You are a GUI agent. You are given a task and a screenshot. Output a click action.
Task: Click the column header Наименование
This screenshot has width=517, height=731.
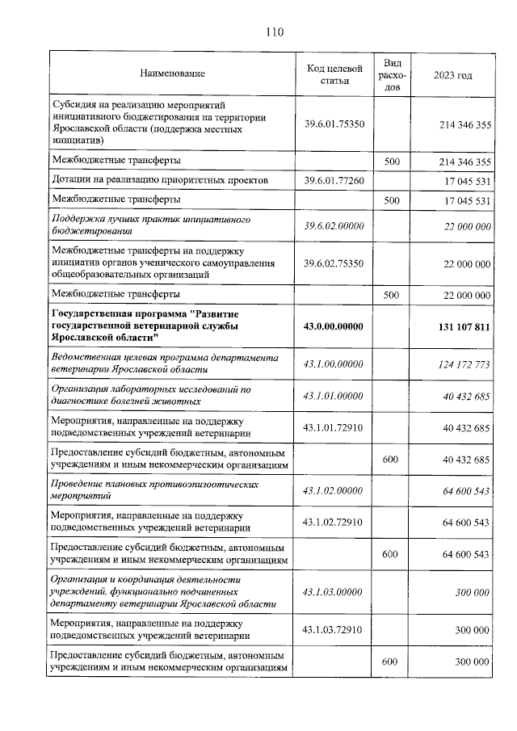point(172,74)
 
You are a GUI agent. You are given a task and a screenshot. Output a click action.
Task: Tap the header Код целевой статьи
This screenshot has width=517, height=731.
point(334,74)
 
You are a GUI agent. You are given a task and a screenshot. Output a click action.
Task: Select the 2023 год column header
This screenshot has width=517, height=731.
point(452,74)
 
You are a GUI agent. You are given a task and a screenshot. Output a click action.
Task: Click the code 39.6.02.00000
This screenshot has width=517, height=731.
point(334,227)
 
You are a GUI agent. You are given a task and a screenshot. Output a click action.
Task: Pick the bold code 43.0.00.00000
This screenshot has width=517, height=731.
point(334,326)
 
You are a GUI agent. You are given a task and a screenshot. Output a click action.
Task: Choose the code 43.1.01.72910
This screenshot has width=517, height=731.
point(334,426)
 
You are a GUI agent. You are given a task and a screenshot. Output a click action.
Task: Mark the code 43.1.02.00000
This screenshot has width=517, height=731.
point(334,490)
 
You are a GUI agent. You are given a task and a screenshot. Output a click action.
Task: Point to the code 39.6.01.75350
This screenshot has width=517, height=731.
point(334,124)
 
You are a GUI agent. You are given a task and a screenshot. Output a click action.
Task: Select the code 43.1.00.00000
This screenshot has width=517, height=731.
point(334,364)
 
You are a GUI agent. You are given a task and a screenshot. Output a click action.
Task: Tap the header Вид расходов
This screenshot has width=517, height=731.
point(392,74)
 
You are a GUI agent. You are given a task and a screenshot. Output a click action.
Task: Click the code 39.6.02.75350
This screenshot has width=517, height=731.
point(334,263)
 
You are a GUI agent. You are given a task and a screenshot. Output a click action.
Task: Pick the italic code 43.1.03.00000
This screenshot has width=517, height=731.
point(334,592)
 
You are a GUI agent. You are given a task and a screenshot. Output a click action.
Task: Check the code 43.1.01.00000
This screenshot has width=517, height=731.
point(334,395)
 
